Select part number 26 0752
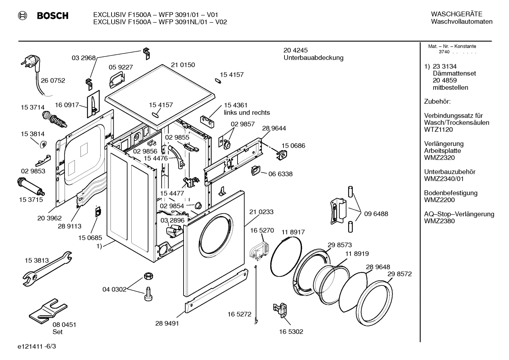(x=53, y=81)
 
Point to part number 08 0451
(x=64, y=325)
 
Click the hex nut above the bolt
(x=148, y=276)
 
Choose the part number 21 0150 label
(x=183, y=65)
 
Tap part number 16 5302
(x=291, y=332)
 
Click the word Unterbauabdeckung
(x=313, y=58)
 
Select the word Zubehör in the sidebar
(x=437, y=102)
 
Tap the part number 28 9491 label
(x=167, y=323)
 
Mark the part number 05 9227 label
(x=121, y=67)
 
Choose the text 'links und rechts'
(x=247, y=113)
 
